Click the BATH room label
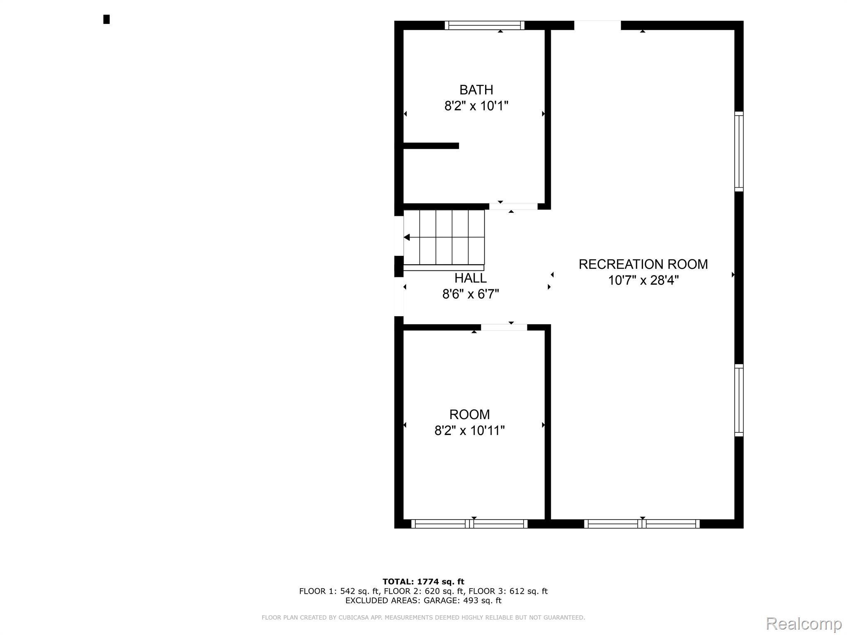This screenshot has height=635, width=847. [x=476, y=90]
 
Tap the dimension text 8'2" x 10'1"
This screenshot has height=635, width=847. [x=476, y=106]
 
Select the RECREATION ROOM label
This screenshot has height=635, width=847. [x=643, y=264]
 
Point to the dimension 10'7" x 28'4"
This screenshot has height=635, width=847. [x=643, y=281]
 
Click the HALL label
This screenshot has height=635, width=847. [x=470, y=278]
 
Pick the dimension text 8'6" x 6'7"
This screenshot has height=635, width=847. [x=470, y=294]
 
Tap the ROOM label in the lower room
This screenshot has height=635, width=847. [x=469, y=414]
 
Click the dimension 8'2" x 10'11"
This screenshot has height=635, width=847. [x=469, y=431]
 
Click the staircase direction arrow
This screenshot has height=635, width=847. [x=407, y=237]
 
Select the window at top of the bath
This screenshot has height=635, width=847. [x=484, y=26]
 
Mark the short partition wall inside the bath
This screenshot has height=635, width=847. [x=431, y=146]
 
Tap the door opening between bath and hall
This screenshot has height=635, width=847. [x=513, y=206]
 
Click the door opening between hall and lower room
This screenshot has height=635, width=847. [x=504, y=327]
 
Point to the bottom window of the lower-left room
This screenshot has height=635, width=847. [x=469, y=524]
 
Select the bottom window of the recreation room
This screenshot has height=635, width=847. [x=642, y=524]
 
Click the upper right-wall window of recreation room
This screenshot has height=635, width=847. [x=739, y=151]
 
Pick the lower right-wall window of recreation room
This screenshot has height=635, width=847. [x=739, y=400]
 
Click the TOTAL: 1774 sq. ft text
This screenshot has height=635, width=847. [x=423, y=582]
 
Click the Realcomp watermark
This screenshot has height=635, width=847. [x=804, y=623]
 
